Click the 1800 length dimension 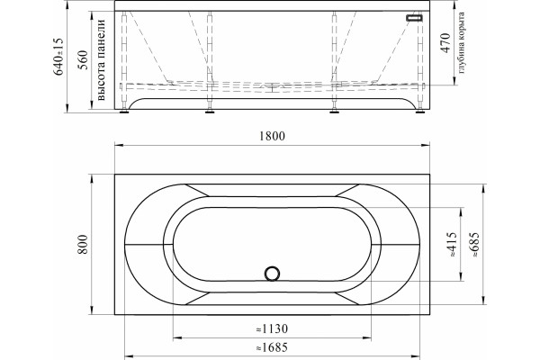[272, 136]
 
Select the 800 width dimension [83, 244]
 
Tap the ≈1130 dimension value [272, 329]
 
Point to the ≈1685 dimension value [272, 347]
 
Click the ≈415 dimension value [452, 244]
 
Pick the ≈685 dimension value [475, 244]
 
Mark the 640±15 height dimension [58, 57]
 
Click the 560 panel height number [83, 60]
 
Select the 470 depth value [445, 43]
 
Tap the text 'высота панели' [101, 60]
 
